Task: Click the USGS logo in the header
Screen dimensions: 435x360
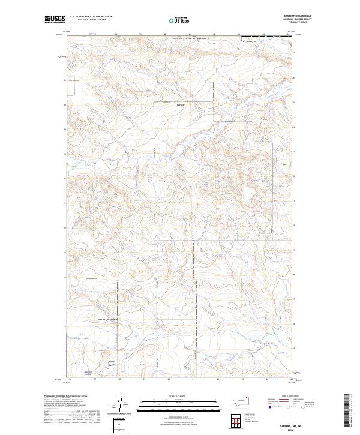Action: tap(55, 19)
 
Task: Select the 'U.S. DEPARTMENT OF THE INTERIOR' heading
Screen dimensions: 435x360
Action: tap(92, 16)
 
